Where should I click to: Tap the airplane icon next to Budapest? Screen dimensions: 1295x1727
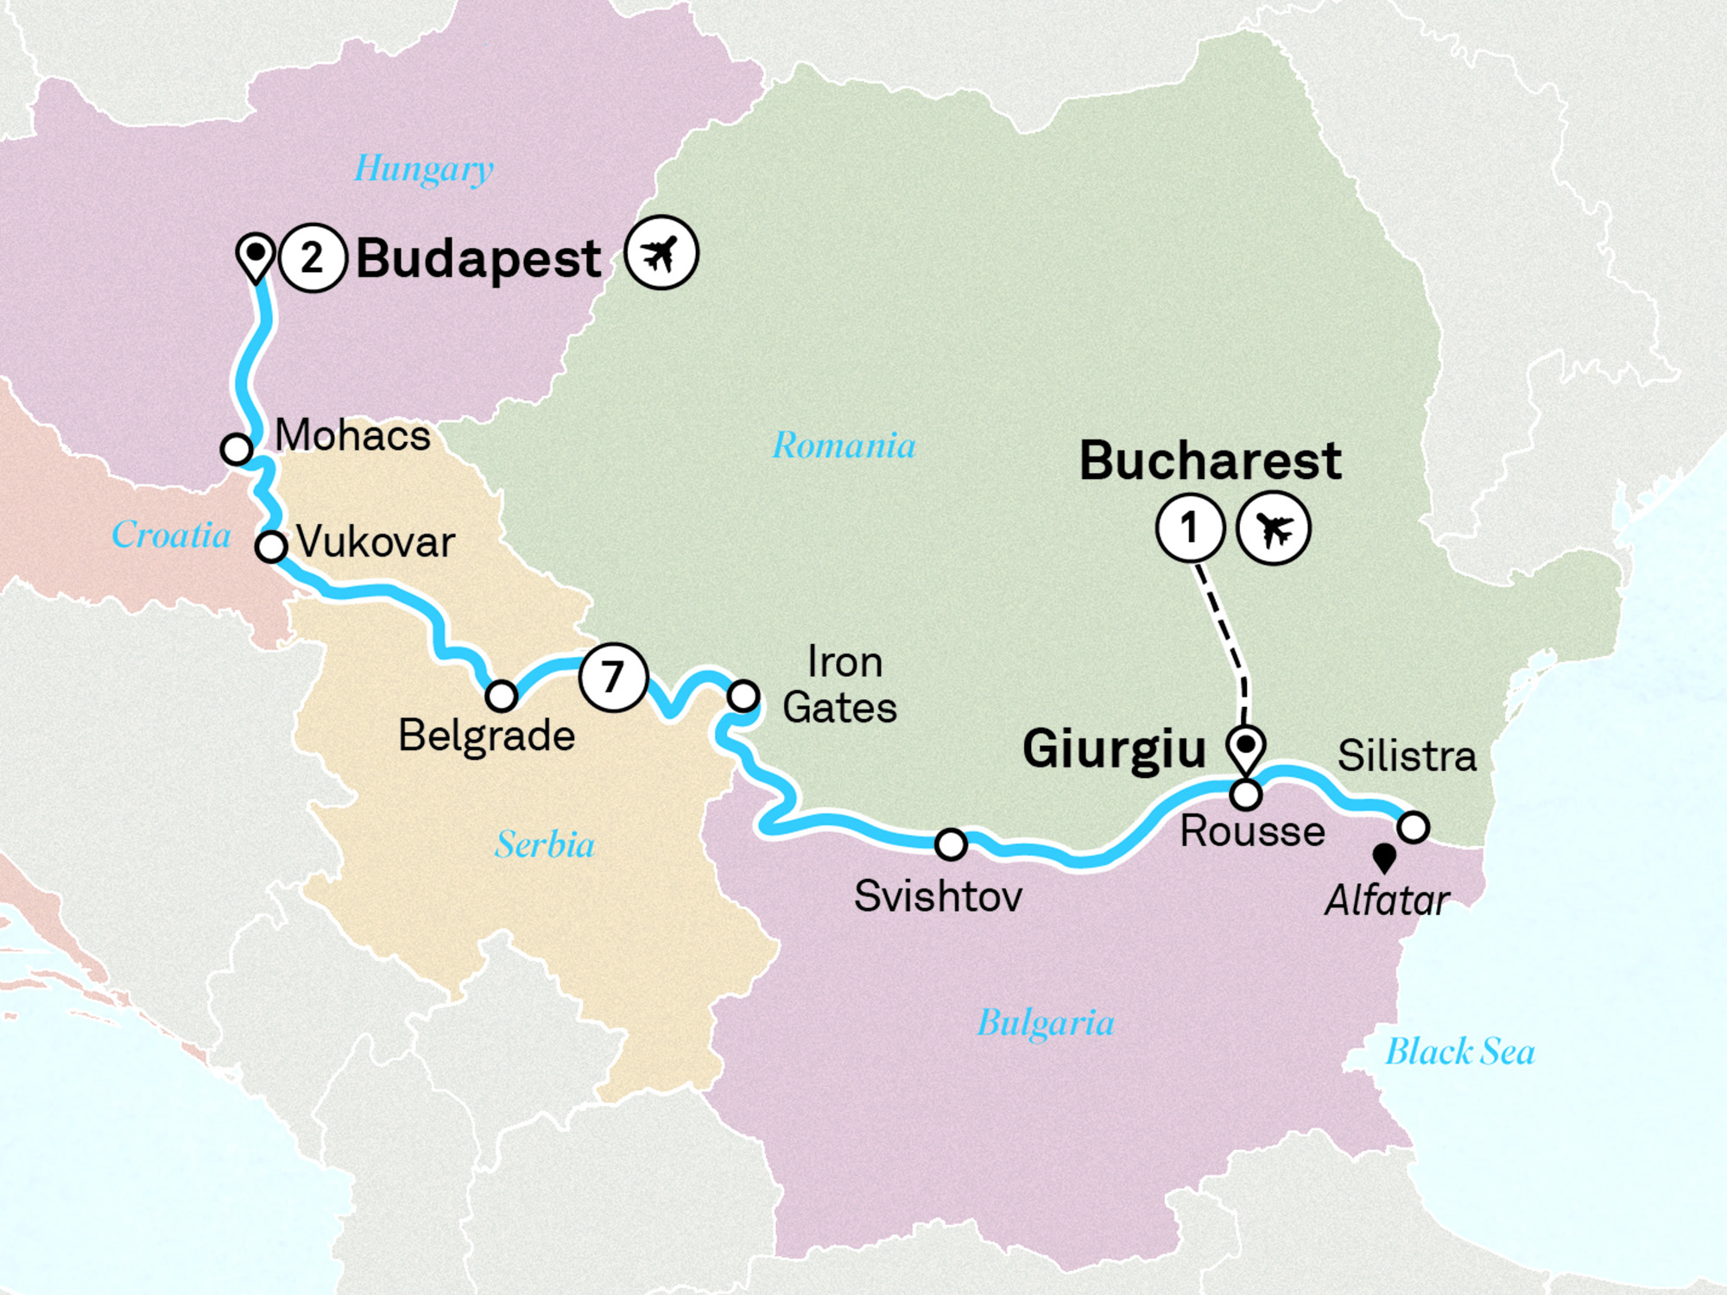(x=661, y=253)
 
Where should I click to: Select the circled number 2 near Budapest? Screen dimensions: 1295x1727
(x=313, y=258)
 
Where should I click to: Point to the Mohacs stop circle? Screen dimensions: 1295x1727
(x=237, y=449)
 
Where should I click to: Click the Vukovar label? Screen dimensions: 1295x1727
(x=376, y=542)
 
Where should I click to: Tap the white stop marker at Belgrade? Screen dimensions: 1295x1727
(x=501, y=695)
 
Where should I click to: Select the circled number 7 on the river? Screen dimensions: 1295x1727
(x=613, y=677)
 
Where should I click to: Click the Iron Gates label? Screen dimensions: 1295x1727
(x=840, y=685)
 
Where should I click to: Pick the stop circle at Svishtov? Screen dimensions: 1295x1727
(x=951, y=844)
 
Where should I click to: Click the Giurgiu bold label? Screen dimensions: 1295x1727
(x=1114, y=749)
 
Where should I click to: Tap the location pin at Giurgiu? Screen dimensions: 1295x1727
(x=1246, y=748)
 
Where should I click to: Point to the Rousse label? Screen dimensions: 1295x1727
(x=1252, y=831)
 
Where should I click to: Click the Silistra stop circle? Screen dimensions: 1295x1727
(x=1414, y=826)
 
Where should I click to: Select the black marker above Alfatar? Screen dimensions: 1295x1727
(x=1385, y=857)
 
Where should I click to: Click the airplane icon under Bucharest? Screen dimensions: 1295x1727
(x=1274, y=528)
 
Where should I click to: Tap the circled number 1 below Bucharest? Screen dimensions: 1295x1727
(x=1190, y=527)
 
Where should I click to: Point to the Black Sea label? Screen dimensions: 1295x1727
(x=1460, y=1052)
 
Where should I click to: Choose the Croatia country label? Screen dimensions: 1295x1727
(x=171, y=535)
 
